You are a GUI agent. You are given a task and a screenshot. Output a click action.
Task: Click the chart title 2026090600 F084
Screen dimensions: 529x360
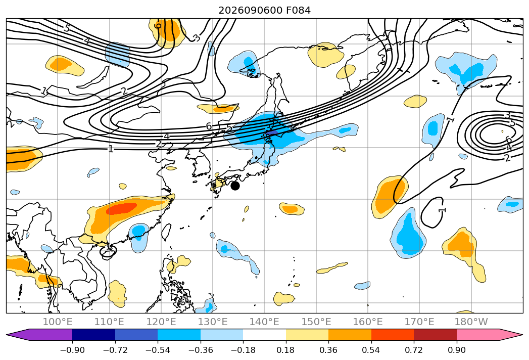(265, 10)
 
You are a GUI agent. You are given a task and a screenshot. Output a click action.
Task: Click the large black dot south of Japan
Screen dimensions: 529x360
(235, 186)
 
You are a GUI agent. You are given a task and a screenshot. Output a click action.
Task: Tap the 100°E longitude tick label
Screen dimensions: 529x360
(58, 322)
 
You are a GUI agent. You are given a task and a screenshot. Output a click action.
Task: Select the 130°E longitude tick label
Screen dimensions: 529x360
(213, 322)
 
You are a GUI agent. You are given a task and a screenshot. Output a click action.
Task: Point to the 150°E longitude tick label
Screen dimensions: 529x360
(316, 322)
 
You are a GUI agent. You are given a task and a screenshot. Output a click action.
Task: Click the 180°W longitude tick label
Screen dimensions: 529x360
(471, 322)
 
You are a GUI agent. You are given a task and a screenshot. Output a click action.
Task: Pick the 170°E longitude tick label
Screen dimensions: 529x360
(419, 322)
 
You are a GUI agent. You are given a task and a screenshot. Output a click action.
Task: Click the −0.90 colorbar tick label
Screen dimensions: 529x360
(72, 350)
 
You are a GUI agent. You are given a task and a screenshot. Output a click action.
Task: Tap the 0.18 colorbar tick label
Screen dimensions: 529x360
(286, 350)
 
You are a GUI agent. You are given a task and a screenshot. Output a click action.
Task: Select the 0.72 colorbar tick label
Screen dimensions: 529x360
(414, 350)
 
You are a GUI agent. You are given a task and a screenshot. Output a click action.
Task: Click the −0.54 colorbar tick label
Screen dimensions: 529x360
(158, 350)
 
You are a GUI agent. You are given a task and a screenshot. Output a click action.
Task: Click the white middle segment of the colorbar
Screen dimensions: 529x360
(265, 334)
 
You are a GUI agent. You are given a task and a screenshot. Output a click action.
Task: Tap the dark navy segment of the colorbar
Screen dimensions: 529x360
(93, 334)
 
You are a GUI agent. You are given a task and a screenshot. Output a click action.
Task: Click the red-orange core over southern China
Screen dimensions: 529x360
(121, 208)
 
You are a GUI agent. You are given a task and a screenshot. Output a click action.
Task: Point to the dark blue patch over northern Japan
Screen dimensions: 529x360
(272, 133)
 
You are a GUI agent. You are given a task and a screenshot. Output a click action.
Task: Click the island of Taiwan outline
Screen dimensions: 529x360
(166, 232)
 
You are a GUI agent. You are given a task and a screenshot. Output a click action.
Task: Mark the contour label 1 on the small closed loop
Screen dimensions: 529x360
(442, 210)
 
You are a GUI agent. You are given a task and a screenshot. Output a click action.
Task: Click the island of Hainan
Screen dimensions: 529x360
(108, 251)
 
